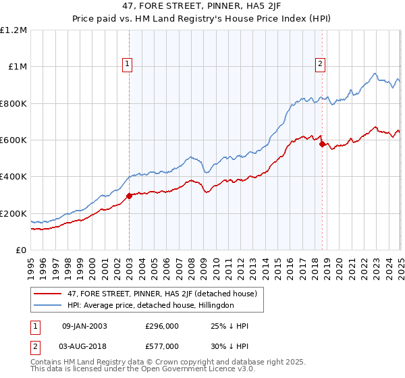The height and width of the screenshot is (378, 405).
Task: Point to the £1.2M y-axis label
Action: click(x=14, y=30)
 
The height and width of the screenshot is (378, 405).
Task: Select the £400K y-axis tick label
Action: click(x=13, y=177)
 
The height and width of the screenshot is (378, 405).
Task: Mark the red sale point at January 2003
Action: click(x=129, y=196)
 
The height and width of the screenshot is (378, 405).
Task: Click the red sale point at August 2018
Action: click(x=321, y=144)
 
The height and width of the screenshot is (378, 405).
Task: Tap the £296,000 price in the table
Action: click(x=161, y=326)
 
